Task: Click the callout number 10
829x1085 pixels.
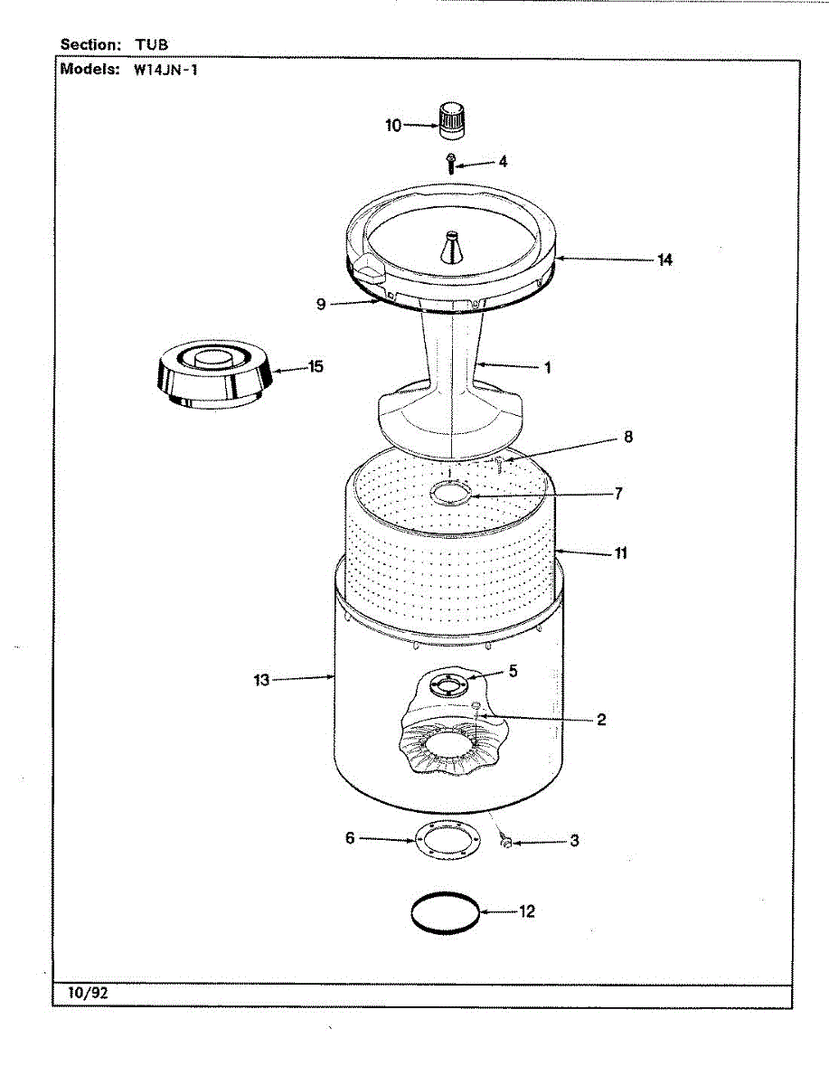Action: click(x=393, y=126)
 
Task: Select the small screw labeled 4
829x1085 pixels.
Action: click(x=451, y=164)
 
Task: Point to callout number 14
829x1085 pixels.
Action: click(x=664, y=259)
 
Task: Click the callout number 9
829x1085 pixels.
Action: click(x=321, y=304)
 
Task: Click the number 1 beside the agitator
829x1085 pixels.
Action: click(x=547, y=368)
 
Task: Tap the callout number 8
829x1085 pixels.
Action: click(x=627, y=437)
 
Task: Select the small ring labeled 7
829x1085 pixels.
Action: click(x=452, y=494)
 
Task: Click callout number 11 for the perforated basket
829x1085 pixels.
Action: click(x=620, y=552)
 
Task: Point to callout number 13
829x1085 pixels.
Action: click(x=261, y=680)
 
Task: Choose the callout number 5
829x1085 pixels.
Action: click(x=513, y=671)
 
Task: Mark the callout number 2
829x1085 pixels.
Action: click(x=600, y=720)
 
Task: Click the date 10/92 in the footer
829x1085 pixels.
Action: click(x=89, y=993)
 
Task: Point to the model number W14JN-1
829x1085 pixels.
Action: click(x=165, y=70)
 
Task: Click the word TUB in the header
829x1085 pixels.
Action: click(x=152, y=43)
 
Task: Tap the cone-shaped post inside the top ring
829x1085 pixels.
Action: click(x=451, y=247)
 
